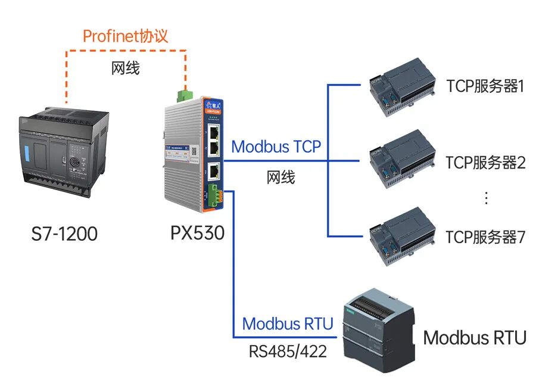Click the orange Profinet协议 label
(125, 36)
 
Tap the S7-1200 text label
(64, 234)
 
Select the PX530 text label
(197, 232)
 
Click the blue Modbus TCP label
(276, 147)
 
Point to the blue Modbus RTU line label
(288, 324)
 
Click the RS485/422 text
(288, 352)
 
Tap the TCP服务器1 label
(485, 86)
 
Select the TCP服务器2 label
(485, 162)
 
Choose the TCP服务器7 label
(485, 237)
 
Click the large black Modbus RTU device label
(475, 338)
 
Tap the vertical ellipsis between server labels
(486, 198)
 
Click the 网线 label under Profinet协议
(125, 68)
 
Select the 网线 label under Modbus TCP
(281, 177)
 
